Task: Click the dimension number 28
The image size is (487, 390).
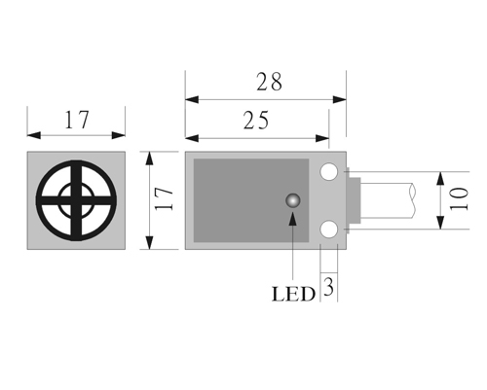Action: [269, 82]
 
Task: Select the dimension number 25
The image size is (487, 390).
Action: [256, 121]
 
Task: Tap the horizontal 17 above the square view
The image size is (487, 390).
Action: [77, 120]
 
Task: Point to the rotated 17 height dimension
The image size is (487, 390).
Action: [164, 198]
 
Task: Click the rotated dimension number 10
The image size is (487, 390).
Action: [459, 198]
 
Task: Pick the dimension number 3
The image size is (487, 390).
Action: [329, 287]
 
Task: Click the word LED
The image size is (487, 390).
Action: [293, 295]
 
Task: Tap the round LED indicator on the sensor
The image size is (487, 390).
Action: [293, 200]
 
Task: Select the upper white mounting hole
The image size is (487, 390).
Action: [329, 171]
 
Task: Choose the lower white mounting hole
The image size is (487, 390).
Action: [329, 230]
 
